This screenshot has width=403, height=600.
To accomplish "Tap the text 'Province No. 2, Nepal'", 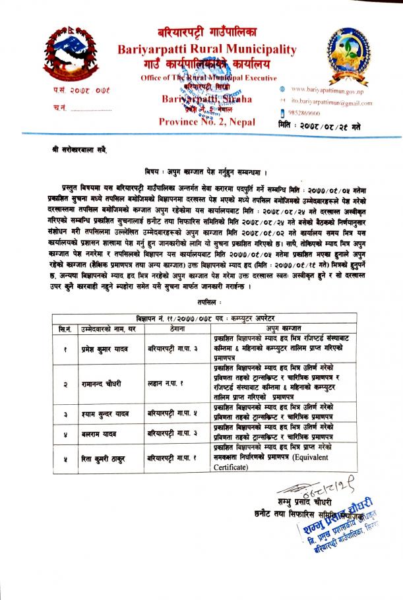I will [x=206, y=121].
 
